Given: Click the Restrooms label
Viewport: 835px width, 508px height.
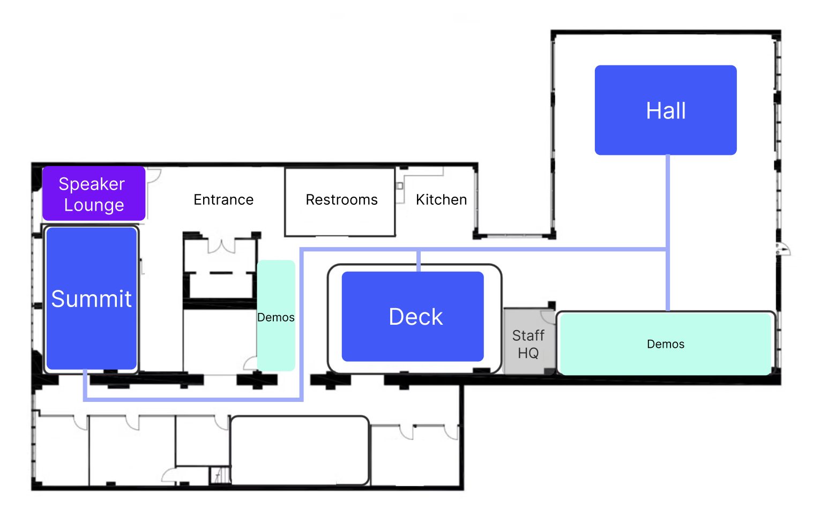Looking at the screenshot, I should click(x=341, y=200).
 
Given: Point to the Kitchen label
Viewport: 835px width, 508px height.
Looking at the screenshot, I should click(x=441, y=200).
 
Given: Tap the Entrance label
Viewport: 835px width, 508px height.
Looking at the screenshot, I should click(x=223, y=200).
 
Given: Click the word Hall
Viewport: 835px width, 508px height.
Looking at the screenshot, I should click(x=666, y=111).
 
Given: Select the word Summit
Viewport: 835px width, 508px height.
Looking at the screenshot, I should click(x=92, y=299).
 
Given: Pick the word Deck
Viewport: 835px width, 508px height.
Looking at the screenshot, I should click(x=416, y=317).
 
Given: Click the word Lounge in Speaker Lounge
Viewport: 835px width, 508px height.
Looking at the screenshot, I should click(x=94, y=205).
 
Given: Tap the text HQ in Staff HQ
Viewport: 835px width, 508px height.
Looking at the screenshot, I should click(x=528, y=353).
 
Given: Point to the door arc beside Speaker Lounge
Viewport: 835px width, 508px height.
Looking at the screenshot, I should click(x=154, y=176).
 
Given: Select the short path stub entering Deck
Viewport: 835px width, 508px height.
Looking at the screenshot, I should click(x=419, y=261).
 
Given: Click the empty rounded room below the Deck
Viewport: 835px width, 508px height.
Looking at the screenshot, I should click(x=299, y=450).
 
